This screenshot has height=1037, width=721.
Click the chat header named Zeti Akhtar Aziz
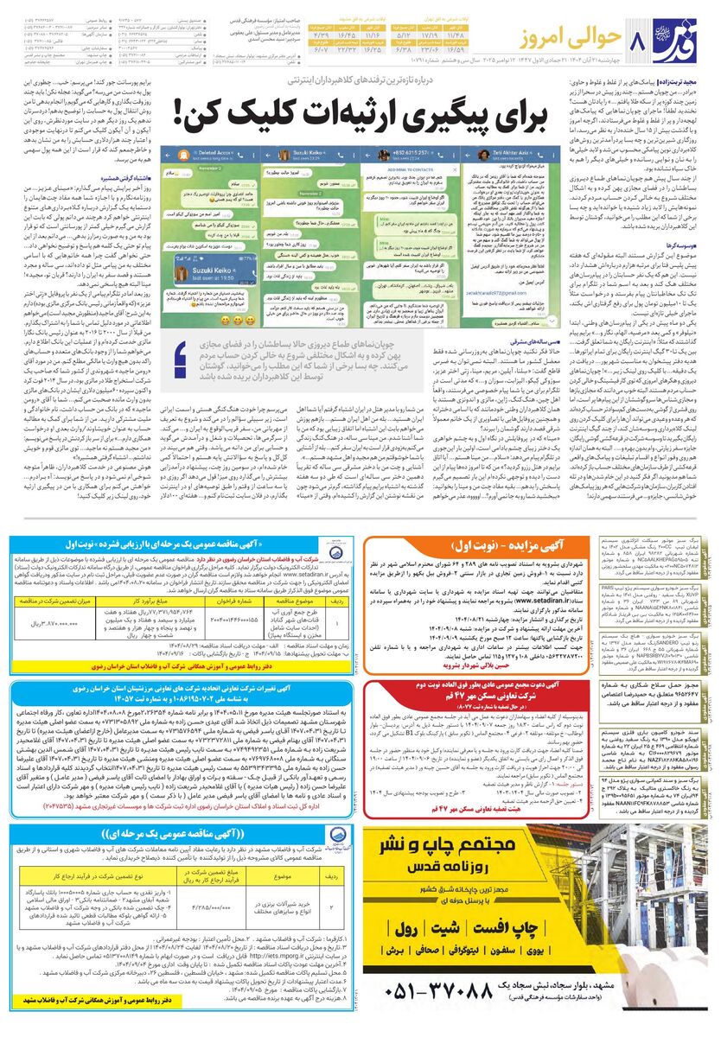[501, 153]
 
